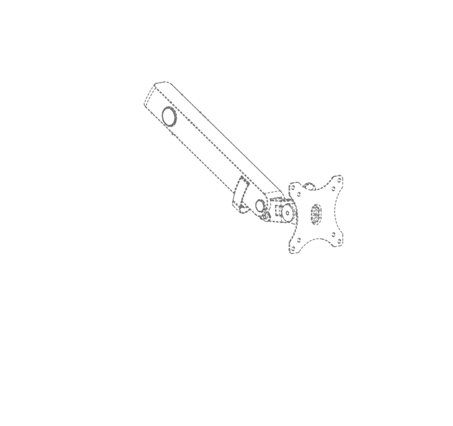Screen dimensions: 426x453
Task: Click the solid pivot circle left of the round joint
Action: pyautogui.click(x=260, y=207)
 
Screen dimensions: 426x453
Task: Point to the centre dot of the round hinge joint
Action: pyautogui.click(x=286, y=210)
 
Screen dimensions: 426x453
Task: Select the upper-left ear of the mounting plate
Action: pyautogui.click(x=297, y=188)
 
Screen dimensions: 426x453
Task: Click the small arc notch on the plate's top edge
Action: pyautogui.click(x=310, y=186)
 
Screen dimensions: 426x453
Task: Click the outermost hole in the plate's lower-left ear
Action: pyautogui.click(x=298, y=245)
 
